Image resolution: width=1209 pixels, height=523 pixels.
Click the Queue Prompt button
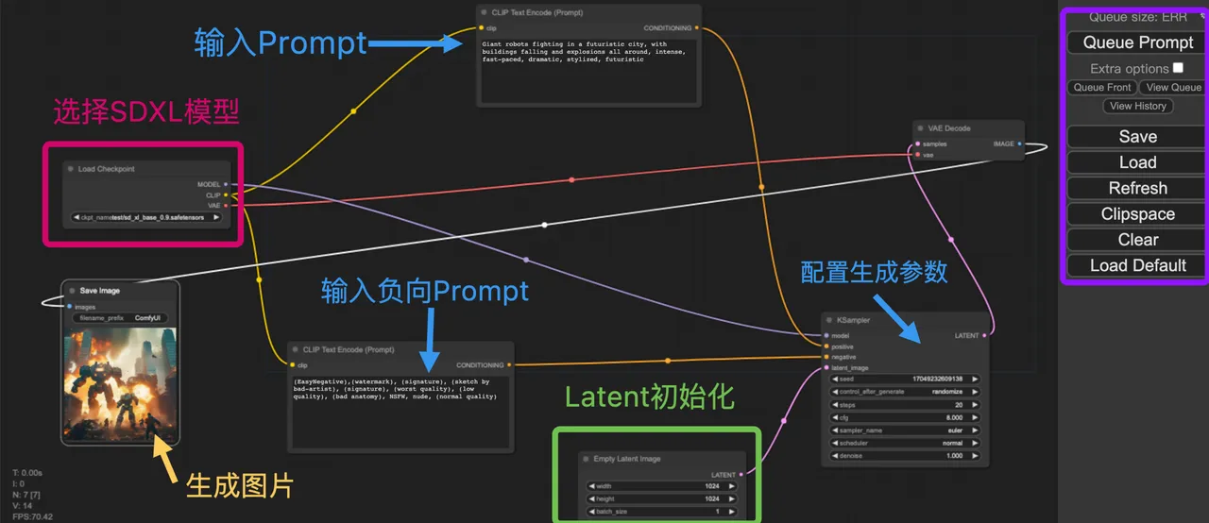1137,42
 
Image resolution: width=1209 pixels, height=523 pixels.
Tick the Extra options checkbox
1178,68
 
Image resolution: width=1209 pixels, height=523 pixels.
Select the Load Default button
1137,265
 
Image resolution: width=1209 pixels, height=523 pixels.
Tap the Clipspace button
1137,214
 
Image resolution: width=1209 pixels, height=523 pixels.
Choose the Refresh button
1137,188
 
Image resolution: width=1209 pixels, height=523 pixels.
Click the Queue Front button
1101,88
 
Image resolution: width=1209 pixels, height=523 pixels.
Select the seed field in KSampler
904,379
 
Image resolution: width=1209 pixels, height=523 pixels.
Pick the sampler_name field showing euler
904,430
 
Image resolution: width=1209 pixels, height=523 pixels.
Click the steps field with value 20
904,404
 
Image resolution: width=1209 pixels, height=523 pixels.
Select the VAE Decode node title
949,128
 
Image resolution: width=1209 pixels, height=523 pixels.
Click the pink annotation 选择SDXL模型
146,112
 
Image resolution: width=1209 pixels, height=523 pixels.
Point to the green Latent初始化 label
649,396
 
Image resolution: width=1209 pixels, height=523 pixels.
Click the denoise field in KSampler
904,455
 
